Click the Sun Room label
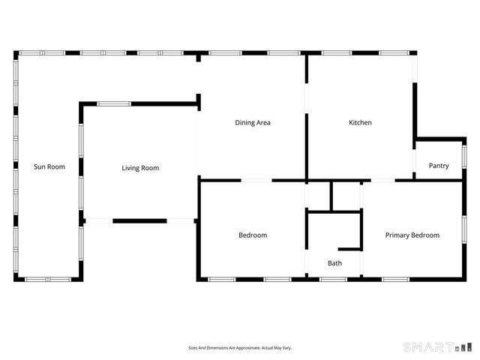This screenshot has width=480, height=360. pos(49,166)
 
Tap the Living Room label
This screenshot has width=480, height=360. pos(140,168)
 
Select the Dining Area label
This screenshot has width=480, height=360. pos(253,122)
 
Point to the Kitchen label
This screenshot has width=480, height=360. pos(360,122)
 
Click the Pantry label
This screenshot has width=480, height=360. pos(439,166)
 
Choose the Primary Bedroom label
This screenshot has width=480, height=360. pos(412,235)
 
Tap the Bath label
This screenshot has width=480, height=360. pos(334,263)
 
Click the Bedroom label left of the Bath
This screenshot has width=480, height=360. pos(253,235)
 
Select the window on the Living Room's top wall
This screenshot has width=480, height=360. pos(114,104)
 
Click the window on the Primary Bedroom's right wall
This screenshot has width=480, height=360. pos(464,226)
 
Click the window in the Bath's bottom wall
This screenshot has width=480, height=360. pos(333,279)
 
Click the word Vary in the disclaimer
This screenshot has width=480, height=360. pos(286,348)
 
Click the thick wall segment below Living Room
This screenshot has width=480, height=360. pos(139,220)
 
